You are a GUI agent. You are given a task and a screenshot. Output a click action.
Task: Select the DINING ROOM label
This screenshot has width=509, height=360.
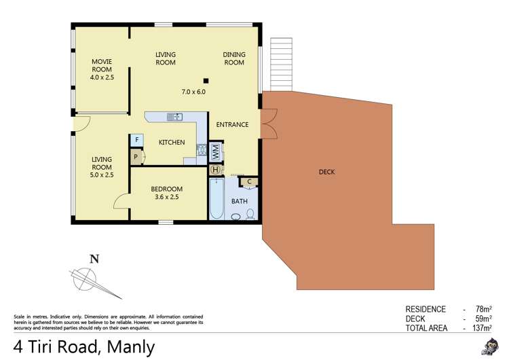pyautogui.click(x=233, y=58)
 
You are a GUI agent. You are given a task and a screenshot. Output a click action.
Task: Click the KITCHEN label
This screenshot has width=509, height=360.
pyautogui.click(x=172, y=143)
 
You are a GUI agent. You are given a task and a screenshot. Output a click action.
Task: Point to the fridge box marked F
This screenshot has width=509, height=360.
pyautogui.click(x=136, y=140)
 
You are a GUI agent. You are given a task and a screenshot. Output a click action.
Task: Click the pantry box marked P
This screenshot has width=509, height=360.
pyautogui.click(x=136, y=156)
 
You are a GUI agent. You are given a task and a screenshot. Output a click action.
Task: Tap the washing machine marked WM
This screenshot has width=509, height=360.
pyautogui.click(x=214, y=151)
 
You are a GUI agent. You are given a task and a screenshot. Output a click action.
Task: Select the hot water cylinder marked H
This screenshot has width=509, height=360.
pyautogui.click(x=215, y=169)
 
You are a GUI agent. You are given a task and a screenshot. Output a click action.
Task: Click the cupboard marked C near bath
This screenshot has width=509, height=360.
pyautogui.click(x=249, y=181)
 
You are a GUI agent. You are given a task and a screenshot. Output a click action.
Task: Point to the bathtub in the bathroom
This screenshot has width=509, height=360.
pyautogui.click(x=216, y=198)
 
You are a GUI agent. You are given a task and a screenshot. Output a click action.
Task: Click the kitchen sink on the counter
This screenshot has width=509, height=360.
pyautogui.click(x=174, y=117)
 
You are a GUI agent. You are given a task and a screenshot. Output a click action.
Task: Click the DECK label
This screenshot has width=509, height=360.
pyautogui.click(x=326, y=172)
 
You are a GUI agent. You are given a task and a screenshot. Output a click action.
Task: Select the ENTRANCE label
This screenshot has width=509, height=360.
pyautogui.click(x=232, y=125)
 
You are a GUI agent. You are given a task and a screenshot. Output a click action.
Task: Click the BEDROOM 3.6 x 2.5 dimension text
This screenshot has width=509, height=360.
pyautogui.click(x=166, y=198)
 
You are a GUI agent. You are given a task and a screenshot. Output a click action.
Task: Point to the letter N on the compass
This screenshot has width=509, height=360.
pyautogui.click(x=94, y=258)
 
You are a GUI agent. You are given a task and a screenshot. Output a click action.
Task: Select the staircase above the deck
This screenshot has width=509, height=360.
pyautogui.click(x=280, y=65)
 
